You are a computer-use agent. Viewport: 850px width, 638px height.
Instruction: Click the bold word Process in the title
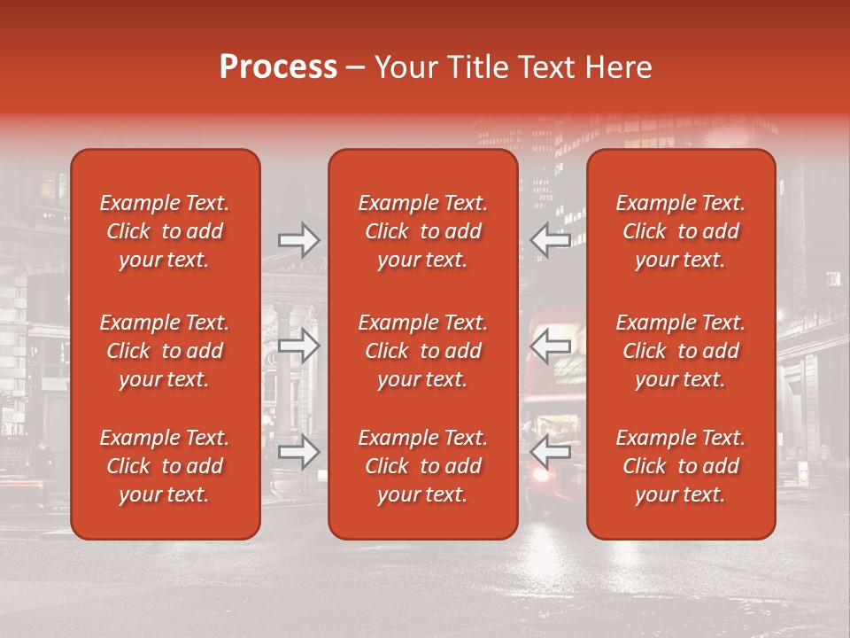(x=278, y=67)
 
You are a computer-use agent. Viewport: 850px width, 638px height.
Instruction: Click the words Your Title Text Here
(x=513, y=67)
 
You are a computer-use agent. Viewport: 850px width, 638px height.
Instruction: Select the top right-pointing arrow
(x=298, y=240)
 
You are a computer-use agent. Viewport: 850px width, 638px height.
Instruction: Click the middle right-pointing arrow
(x=298, y=346)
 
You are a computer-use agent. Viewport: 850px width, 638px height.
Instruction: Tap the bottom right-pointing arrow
(x=298, y=453)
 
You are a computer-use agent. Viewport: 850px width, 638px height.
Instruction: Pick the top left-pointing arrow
(x=550, y=240)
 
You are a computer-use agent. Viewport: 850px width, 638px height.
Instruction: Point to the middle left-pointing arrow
(x=550, y=346)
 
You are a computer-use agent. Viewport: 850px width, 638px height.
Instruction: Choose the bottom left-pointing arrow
(x=550, y=453)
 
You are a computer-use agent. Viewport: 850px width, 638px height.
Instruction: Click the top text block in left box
(x=165, y=231)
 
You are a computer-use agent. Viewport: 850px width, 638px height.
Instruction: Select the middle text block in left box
(x=165, y=351)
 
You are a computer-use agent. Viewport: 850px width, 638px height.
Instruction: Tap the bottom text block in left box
(x=165, y=466)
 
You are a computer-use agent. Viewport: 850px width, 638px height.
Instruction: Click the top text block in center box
(x=422, y=231)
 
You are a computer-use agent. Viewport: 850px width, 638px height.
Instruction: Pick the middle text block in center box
(x=422, y=351)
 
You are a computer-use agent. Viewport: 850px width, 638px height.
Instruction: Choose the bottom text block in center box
(x=422, y=466)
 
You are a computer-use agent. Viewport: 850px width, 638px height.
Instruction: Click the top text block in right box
(x=680, y=231)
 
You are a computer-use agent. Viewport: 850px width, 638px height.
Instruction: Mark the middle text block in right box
(x=680, y=351)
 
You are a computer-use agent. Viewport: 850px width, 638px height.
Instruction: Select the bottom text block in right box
(x=680, y=466)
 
